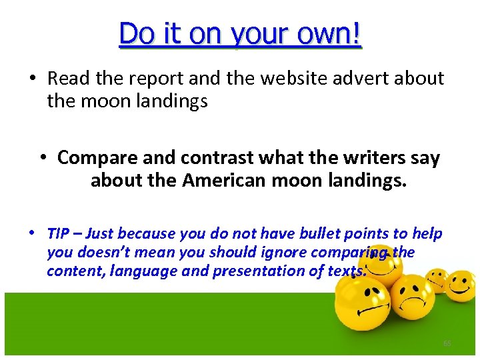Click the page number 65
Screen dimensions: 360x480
click(x=447, y=343)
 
